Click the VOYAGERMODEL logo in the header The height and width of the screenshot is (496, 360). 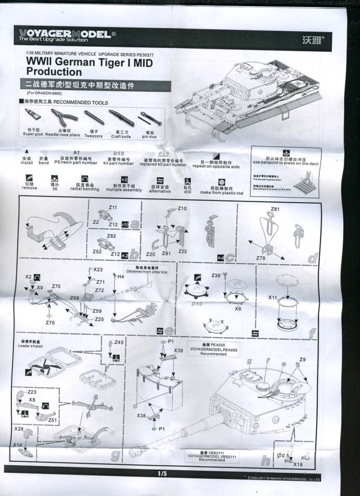(64, 34)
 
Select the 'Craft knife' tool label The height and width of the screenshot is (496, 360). (120, 135)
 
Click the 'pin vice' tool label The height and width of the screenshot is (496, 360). (148, 136)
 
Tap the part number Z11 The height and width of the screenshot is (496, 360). (113, 208)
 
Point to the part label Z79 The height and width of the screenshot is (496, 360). (260, 257)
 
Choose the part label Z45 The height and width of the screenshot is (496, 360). (119, 342)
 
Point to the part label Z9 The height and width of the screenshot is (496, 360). (302, 359)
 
